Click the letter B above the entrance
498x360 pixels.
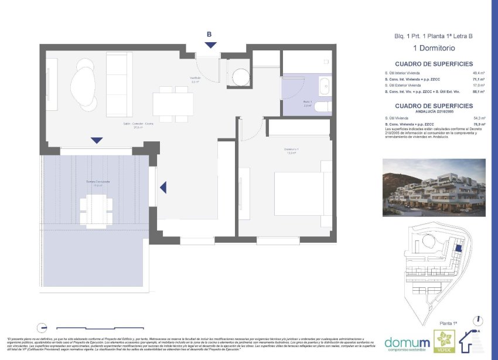click(x=209, y=34)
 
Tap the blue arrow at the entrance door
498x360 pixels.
click(x=210, y=45)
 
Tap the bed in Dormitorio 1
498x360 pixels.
click(x=303, y=193)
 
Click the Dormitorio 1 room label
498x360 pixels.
click(x=292, y=151)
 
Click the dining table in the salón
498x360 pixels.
click(x=173, y=104)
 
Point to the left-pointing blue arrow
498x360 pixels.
click(x=164, y=187)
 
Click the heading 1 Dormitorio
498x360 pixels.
click(x=434, y=48)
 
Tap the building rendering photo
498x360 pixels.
click(x=434, y=187)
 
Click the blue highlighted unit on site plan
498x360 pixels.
click(x=459, y=249)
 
